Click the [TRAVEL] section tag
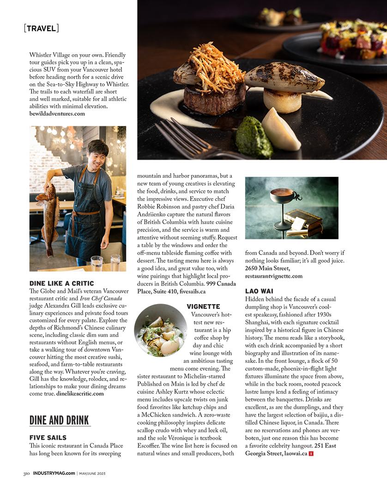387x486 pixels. tap(41, 28)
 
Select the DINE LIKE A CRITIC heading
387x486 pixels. tap(61, 283)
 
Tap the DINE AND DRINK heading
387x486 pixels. tap(59, 420)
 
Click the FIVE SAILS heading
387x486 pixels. tap(48, 437)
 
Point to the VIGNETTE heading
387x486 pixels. tap(203, 306)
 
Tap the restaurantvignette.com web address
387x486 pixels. tap(273, 276)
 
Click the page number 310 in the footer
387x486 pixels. tap(27, 473)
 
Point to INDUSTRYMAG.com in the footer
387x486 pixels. tap(54, 473)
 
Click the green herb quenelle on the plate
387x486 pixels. tap(254, 137)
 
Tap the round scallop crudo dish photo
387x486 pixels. tap(161, 330)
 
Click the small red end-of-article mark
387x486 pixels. tap(311, 454)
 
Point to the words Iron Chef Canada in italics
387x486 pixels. tap(99, 298)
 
